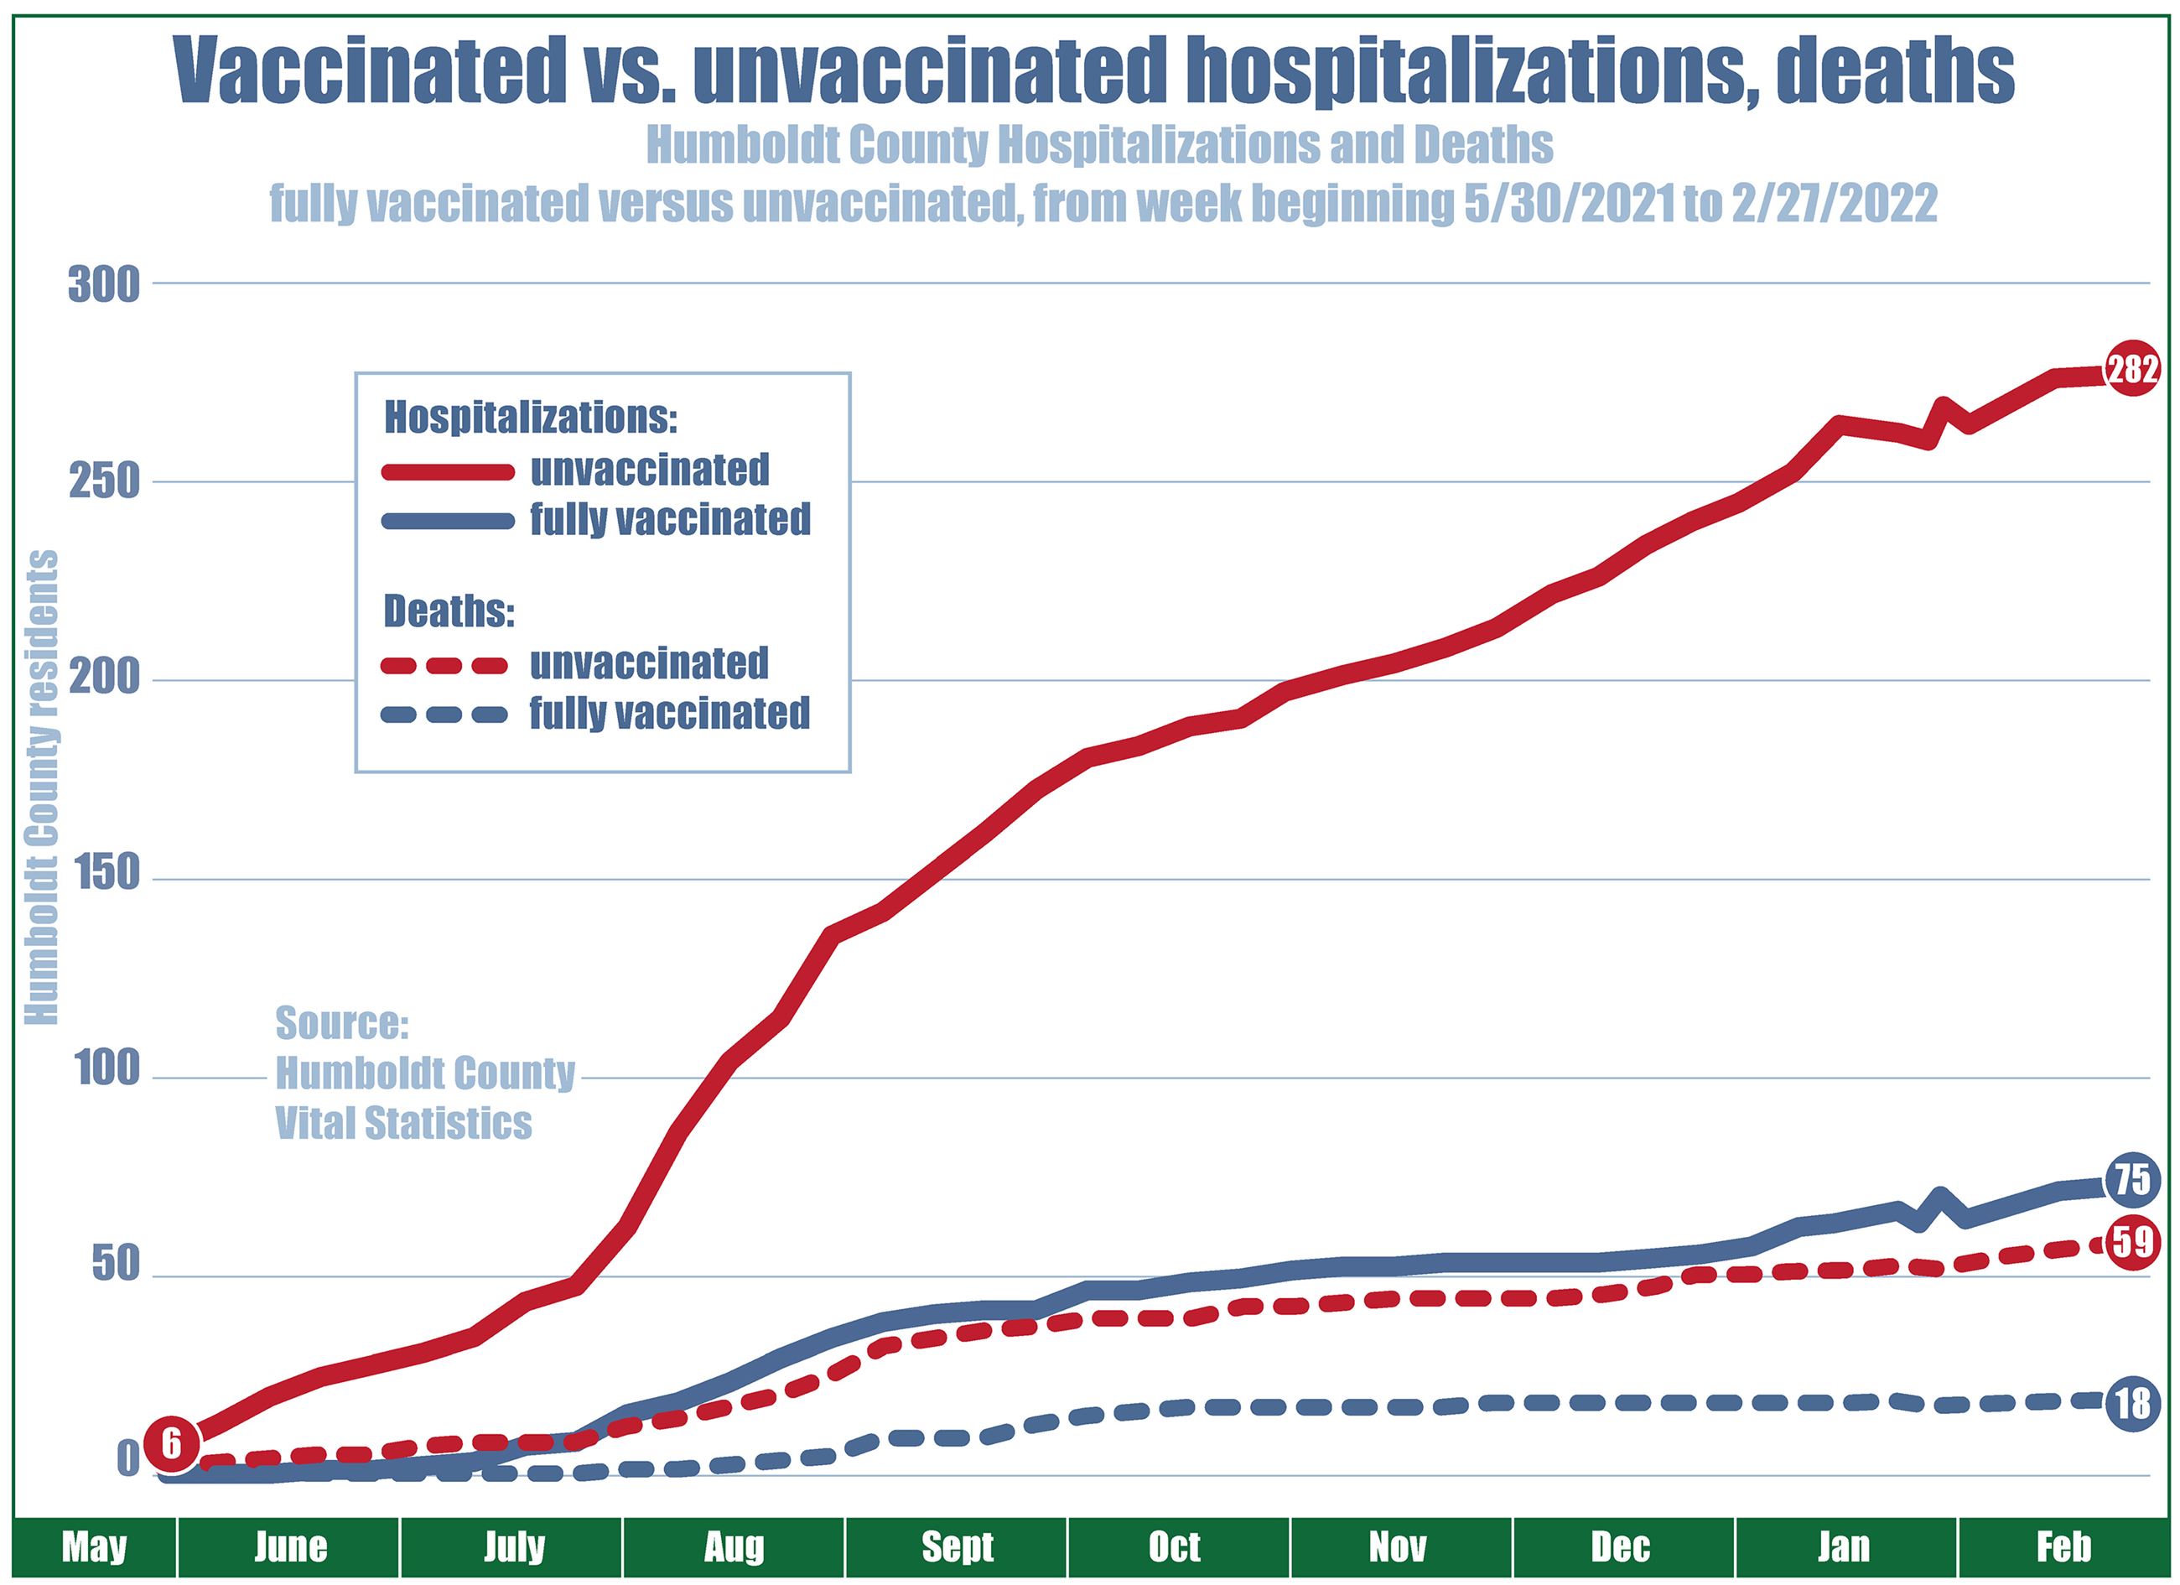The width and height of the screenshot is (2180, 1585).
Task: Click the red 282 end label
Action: pyautogui.click(x=2132, y=369)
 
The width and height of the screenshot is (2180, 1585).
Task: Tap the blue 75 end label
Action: pyautogui.click(x=2132, y=1179)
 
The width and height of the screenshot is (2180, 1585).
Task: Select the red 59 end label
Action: pyautogui.click(x=2132, y=1243)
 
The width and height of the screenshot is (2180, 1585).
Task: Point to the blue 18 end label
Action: pyautogui.click(x=2132, y=1403)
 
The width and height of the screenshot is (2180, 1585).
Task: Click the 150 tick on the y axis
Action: pyautogui.click(x=104, y=877)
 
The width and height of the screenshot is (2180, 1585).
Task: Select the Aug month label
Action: pyautogui.click(x=734, y=1546)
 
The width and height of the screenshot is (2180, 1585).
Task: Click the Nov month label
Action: pyautogui.click(x=1398, y=1546)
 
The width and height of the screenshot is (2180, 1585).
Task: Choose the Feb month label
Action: pyautogui.click(x=2063, y=1546)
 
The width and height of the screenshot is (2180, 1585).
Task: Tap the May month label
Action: pyautogui.click(x=94, y=1546)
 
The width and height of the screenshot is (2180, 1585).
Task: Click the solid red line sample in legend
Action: pyautogui.click(x=446, y=471)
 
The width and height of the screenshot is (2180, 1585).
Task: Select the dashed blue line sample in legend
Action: pyautogui.click(x=446, y=715)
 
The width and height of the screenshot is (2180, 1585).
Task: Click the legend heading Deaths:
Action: pyautogui.click(x=449, y=611)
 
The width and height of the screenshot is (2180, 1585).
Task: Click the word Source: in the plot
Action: pyautogui.click(x=342, y=1024)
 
